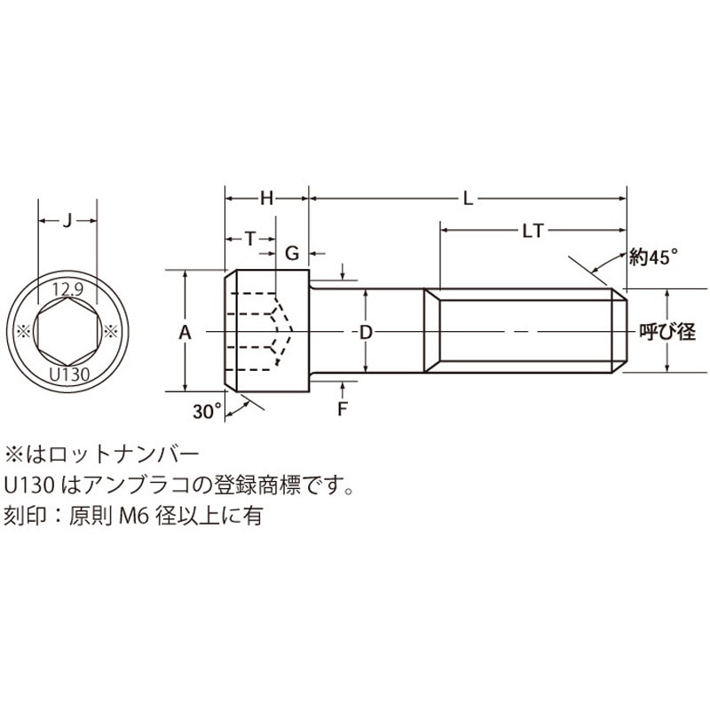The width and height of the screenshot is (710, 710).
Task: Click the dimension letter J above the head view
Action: (67, 223)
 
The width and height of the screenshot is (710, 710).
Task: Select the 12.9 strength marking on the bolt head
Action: (67, 289)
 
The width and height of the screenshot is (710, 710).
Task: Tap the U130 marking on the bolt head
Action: (67, 374)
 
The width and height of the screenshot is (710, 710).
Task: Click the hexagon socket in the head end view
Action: (67, 331)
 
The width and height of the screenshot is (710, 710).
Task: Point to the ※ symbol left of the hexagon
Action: (24, 331)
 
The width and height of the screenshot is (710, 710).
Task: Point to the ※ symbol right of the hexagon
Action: (112, 331)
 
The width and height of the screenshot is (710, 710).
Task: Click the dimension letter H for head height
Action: (266, 200)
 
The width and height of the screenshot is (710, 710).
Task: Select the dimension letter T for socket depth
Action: (250, 238)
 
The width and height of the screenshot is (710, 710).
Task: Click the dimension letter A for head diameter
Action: (185, 332)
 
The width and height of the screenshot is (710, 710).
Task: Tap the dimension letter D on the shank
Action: (365, 332)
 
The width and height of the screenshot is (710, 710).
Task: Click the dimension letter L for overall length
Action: (468, 200)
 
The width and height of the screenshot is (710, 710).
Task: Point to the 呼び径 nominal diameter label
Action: (667, 333)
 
